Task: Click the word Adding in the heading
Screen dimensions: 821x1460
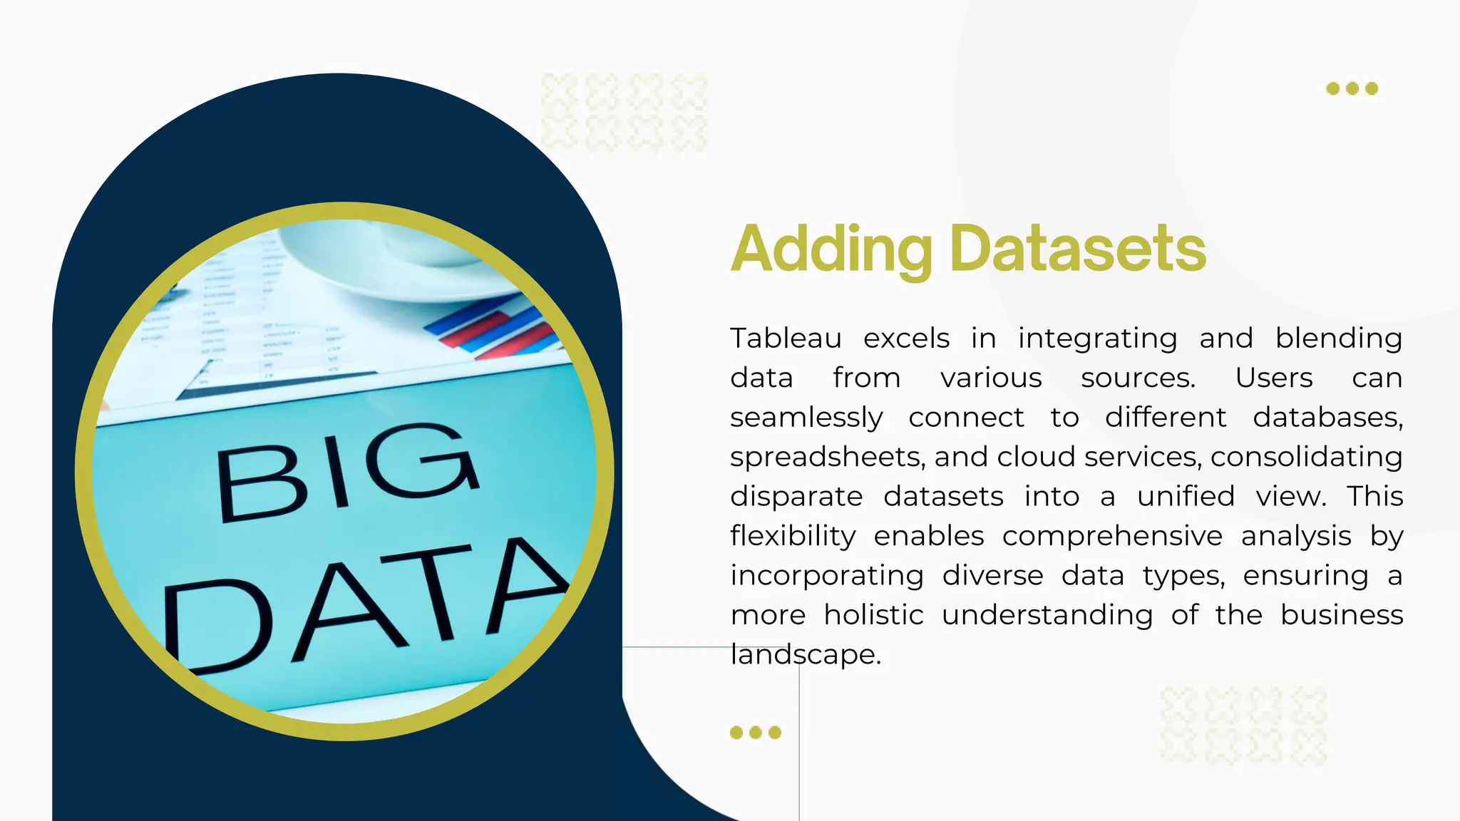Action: click(x=831, y=249)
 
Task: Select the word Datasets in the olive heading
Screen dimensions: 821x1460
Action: click(x=1078, y=249)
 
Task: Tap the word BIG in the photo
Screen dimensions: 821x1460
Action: click(x=347, y=470)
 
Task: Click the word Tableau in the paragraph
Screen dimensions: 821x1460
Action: click(x=786, y=339)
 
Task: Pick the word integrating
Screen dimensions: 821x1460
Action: click(x=1097, y=339)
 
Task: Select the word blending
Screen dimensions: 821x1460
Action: click(x=1339, y=339)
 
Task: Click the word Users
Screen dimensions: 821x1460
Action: click(x=1274, y=378)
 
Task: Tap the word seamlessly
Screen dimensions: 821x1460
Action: click(x=806, y=418)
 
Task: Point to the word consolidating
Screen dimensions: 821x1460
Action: click(x=1306, y=457)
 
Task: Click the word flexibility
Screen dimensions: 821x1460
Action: click(x=793, y=536)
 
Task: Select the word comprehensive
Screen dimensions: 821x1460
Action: click(x=1112, y=536)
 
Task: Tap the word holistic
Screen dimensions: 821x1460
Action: click(x=873, y=615)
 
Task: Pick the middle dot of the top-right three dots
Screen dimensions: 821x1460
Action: click(x=1352, y=89)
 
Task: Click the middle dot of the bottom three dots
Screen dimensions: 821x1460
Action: click(x=756, y=733)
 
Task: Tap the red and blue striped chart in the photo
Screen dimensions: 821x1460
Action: click(x=492, y=328)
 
